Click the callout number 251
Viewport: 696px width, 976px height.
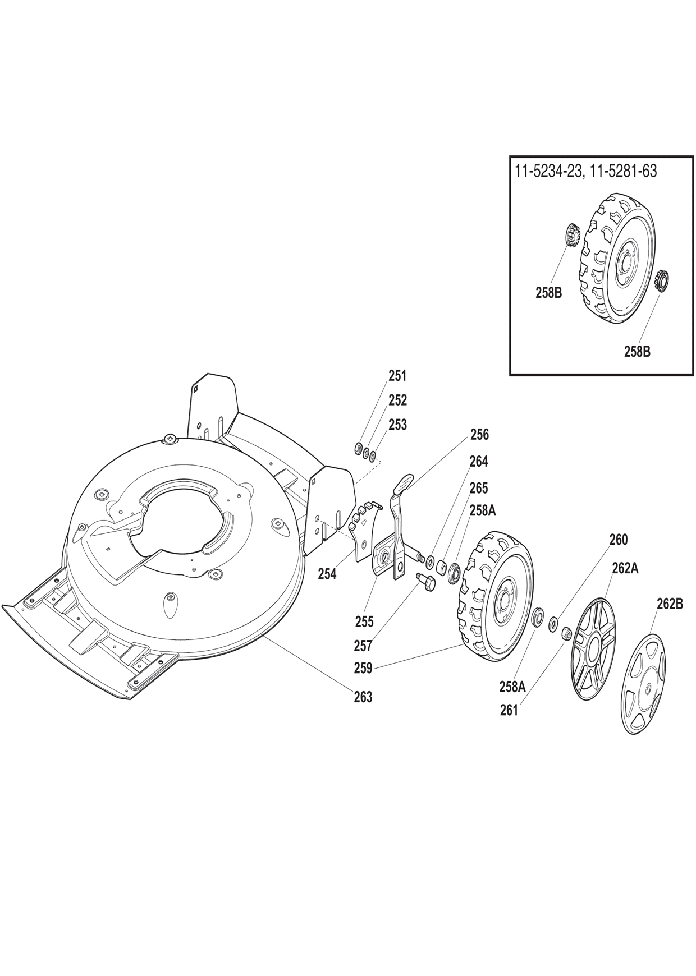(397, 376)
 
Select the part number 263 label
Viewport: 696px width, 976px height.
(363, 697)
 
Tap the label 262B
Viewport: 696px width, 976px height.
(670, 604)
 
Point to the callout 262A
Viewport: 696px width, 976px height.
(626, 568)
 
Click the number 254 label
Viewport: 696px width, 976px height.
(327, 574)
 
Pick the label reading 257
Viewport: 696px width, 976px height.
(363, 646)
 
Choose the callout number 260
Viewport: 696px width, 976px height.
(619, 540)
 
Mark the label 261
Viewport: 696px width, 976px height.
(509, 710)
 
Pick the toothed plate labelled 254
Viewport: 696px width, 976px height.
(364, 525)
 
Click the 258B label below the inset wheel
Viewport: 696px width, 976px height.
(638, 352)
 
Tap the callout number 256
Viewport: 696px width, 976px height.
(480, 435)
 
